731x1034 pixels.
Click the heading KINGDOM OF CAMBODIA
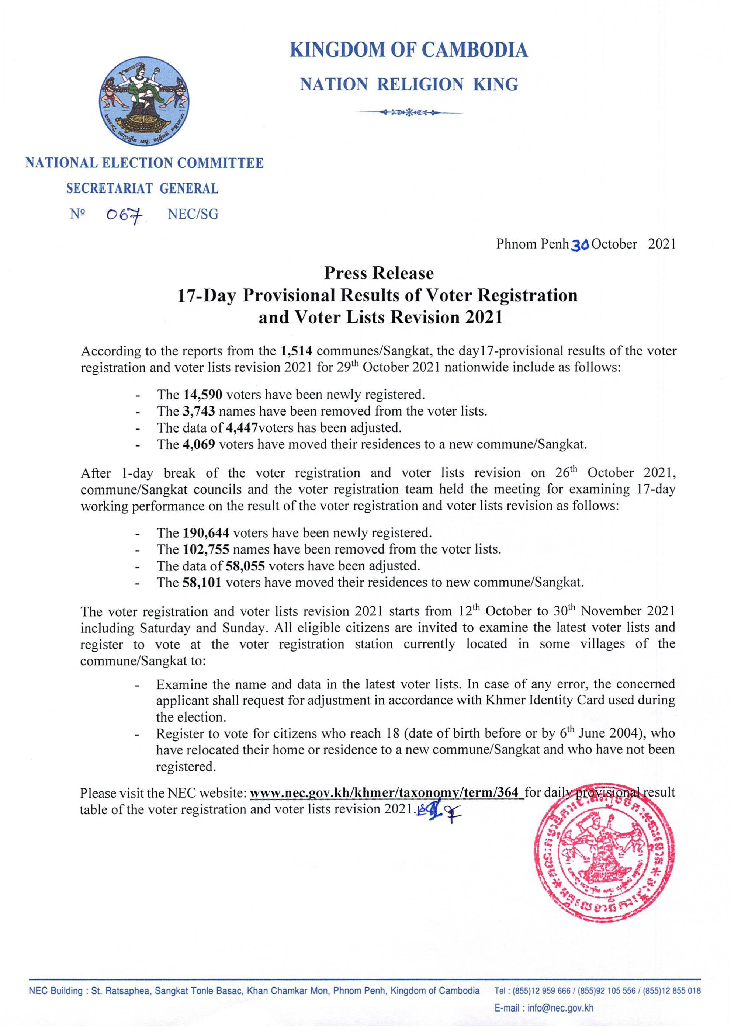(x=409, y=50)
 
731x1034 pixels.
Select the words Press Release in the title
(x=379, y=273)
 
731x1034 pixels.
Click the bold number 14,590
(x=203, y=395)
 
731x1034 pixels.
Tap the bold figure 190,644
(x=206, y=533)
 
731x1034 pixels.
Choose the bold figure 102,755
(x=206, y=549)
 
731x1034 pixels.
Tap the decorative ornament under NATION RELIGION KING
(x=409, y=112)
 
